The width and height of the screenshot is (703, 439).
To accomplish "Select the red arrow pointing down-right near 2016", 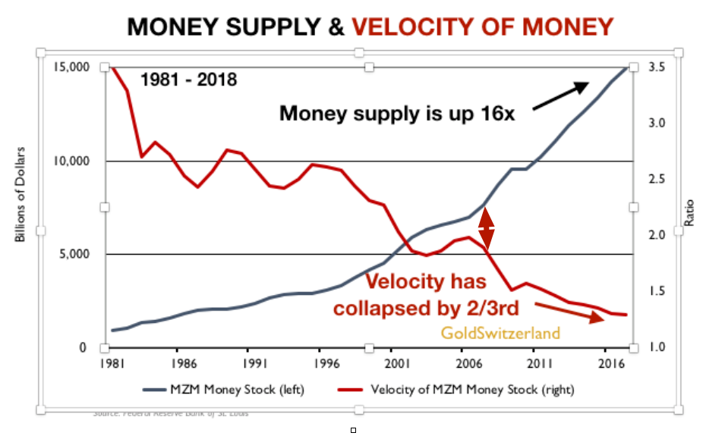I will [569, 312].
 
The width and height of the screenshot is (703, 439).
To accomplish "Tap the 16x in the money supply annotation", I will [496, 114].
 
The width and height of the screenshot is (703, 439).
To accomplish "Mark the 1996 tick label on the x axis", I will [320, 363].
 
